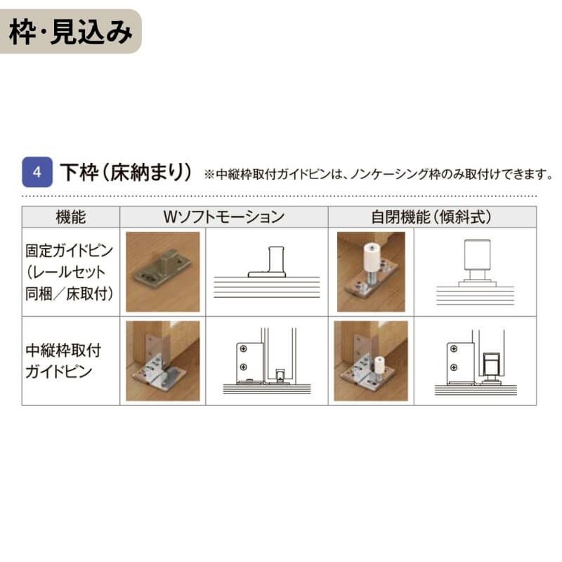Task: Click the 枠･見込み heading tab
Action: (70, 32)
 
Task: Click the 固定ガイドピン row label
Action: (70, 272)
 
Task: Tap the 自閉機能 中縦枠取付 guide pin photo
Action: (370, 360)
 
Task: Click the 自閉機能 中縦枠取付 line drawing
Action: (475, 360)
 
